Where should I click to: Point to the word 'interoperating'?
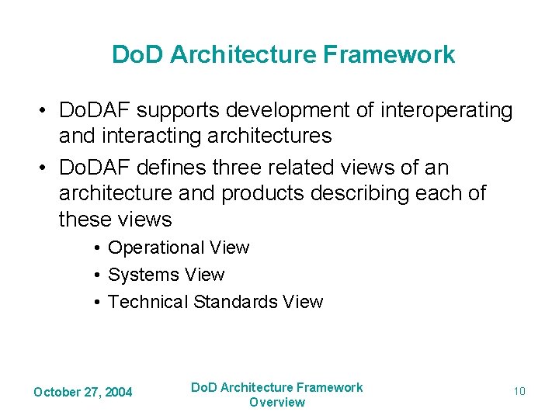[x=446, y=111]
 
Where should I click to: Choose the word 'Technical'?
[x=148, y=302]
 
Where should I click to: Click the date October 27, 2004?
[x=83, y=392]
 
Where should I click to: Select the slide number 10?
[x=519, y=391]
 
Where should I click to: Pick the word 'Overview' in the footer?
[x=277, y=402]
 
